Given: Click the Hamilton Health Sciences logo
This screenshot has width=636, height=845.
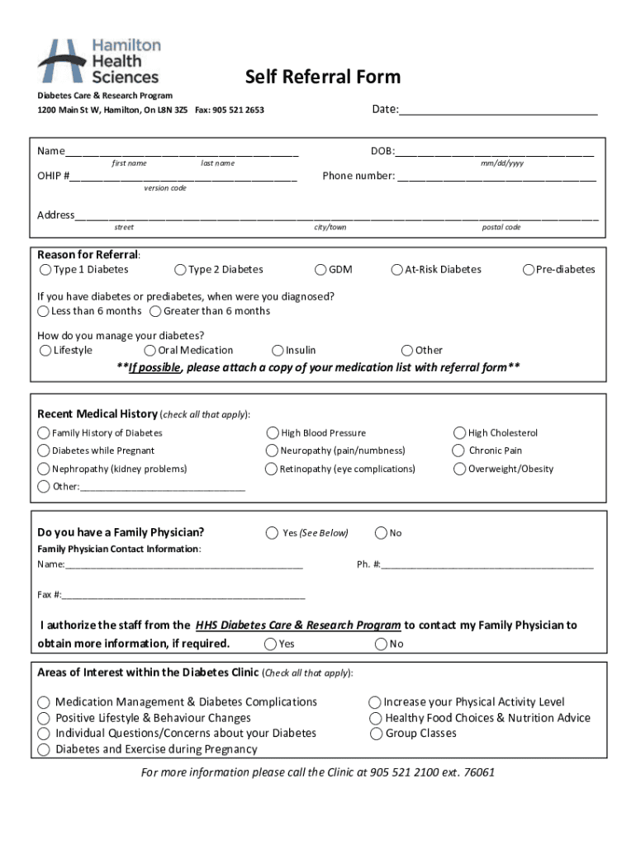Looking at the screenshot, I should [x=99, y=61].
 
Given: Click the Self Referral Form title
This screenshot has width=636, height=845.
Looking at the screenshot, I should [x=323, y=78].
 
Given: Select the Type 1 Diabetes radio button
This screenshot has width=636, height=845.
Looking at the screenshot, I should [x=45, y=270].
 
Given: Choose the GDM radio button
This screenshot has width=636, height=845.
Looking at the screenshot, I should [x=320, y=270].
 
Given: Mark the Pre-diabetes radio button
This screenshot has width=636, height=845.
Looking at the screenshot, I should [x=529, y=270].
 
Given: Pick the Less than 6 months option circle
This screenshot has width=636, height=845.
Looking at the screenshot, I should [x=43, y=311].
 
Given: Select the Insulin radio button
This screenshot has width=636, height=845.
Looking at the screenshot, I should [x=278, y=350].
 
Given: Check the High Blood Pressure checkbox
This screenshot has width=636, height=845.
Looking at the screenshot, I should [x=272, y=432].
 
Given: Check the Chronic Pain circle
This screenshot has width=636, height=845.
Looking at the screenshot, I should [x=458, y=451].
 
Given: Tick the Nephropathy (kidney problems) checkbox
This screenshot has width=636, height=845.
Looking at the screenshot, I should [x=43, y=469].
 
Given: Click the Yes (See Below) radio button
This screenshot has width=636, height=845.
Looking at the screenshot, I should [x=272, y=533].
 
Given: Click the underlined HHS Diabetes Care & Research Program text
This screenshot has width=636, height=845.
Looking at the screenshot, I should [x=298, y=625].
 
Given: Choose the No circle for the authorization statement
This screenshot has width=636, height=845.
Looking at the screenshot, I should [x=382, y=644].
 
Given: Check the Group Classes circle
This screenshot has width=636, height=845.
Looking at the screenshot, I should [x=376, y=734].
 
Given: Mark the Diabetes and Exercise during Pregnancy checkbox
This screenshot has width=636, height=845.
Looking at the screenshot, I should [x=44, y=749].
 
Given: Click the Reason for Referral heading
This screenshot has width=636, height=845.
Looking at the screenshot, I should [x=88, y=254].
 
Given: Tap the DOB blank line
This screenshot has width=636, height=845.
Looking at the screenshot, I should [x=494, y=153].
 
